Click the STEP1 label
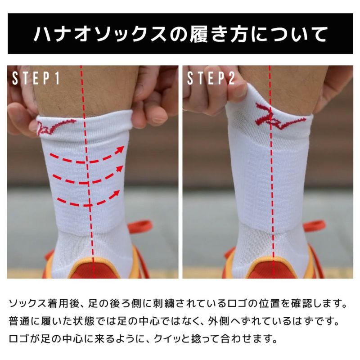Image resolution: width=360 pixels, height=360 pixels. (x=36, y=78)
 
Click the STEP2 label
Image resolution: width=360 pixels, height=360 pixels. (x=211, y=78)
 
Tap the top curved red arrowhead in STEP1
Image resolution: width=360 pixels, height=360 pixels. (x=119, y=149)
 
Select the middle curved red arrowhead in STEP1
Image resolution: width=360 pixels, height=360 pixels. (x=119, y=170)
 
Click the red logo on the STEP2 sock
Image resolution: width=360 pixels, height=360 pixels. (x=279, y=116)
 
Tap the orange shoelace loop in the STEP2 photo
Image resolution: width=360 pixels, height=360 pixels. (x=315, y=225)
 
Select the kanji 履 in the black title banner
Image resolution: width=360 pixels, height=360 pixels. (x=199, y=34)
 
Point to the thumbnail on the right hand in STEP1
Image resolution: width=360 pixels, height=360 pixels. (x=159, y=119)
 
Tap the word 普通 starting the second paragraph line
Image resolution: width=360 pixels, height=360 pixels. (x=18, y=321)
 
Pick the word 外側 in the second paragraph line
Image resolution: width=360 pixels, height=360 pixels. (x=218, y=321)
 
